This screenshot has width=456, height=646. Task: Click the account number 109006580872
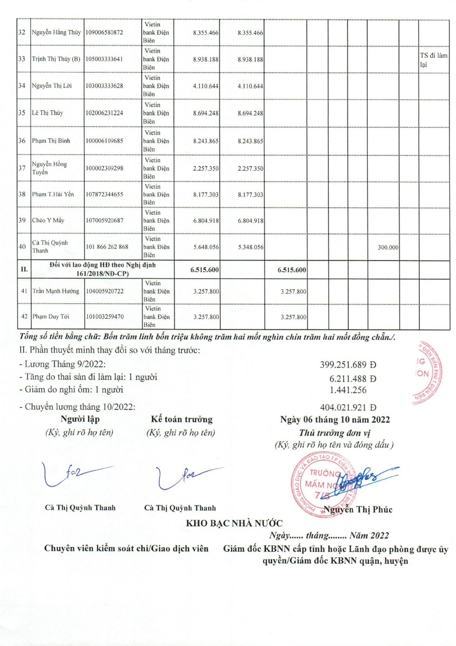pos(104,32)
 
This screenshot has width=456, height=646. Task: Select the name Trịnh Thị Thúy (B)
pos(56,59)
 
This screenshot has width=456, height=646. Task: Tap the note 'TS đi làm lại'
pos(433,60)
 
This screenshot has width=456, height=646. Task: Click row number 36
pos(22,141)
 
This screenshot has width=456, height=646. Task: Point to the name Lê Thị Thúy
pos(47,113)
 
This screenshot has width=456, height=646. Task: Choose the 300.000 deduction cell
pos(388,247)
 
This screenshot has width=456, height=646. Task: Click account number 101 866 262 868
pos(107,247)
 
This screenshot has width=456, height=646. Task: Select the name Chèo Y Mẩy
pos(48,221)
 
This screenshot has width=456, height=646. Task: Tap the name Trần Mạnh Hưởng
pos(56,291)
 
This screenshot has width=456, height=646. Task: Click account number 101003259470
pos(105,317)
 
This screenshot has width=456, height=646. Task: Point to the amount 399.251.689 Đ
pos(348,365)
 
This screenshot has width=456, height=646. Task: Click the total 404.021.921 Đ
pos(348,407)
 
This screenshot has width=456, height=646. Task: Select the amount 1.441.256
pos(348,390)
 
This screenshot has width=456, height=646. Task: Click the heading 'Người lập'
pos(80,419)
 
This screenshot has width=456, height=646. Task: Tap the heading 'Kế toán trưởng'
pos(182,419)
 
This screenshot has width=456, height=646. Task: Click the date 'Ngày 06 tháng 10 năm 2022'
pos(335,419)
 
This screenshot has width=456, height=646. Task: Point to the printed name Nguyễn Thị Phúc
pos(358,509)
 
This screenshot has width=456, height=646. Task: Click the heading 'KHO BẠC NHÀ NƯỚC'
pos(234,523)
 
